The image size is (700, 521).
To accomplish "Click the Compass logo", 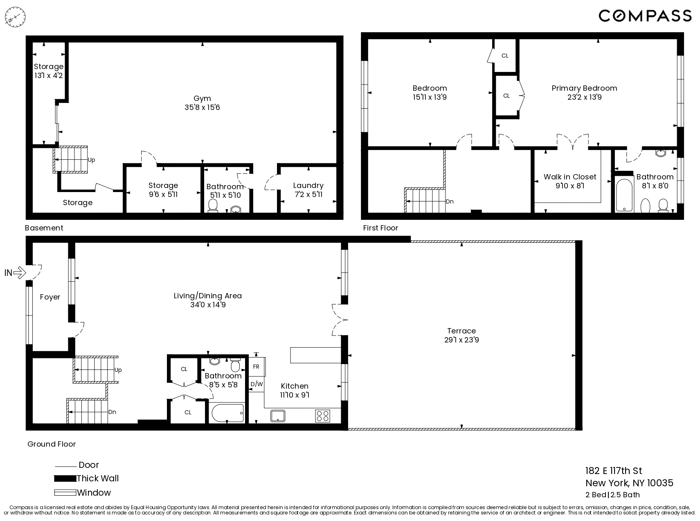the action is [645, 16].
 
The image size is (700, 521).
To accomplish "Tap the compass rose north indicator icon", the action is [15, 18].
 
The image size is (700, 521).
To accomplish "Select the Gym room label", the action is [202, 98].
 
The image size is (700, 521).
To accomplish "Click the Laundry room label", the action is [308, 186].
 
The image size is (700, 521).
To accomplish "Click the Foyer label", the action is [50, 297].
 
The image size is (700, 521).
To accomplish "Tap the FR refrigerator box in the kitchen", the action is [257, 367].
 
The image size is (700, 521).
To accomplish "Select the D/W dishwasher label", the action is [257, 384].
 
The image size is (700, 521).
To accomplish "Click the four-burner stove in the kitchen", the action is [322, 416].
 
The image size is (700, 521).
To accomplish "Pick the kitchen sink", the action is [278, 416].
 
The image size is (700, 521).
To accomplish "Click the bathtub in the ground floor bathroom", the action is [228, 413].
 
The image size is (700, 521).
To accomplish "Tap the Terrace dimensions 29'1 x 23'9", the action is [461, 340].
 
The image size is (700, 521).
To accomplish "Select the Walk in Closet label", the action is [570, 177].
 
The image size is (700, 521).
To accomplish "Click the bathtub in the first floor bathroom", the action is [624, 195].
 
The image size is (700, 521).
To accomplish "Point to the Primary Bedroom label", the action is [584, 88].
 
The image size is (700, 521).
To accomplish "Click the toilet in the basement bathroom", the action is [213, 206].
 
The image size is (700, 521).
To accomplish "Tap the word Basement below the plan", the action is [44, 228].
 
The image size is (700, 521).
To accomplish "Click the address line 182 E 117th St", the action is [614, 471].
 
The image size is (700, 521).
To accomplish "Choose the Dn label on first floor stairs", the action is [450, 201].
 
